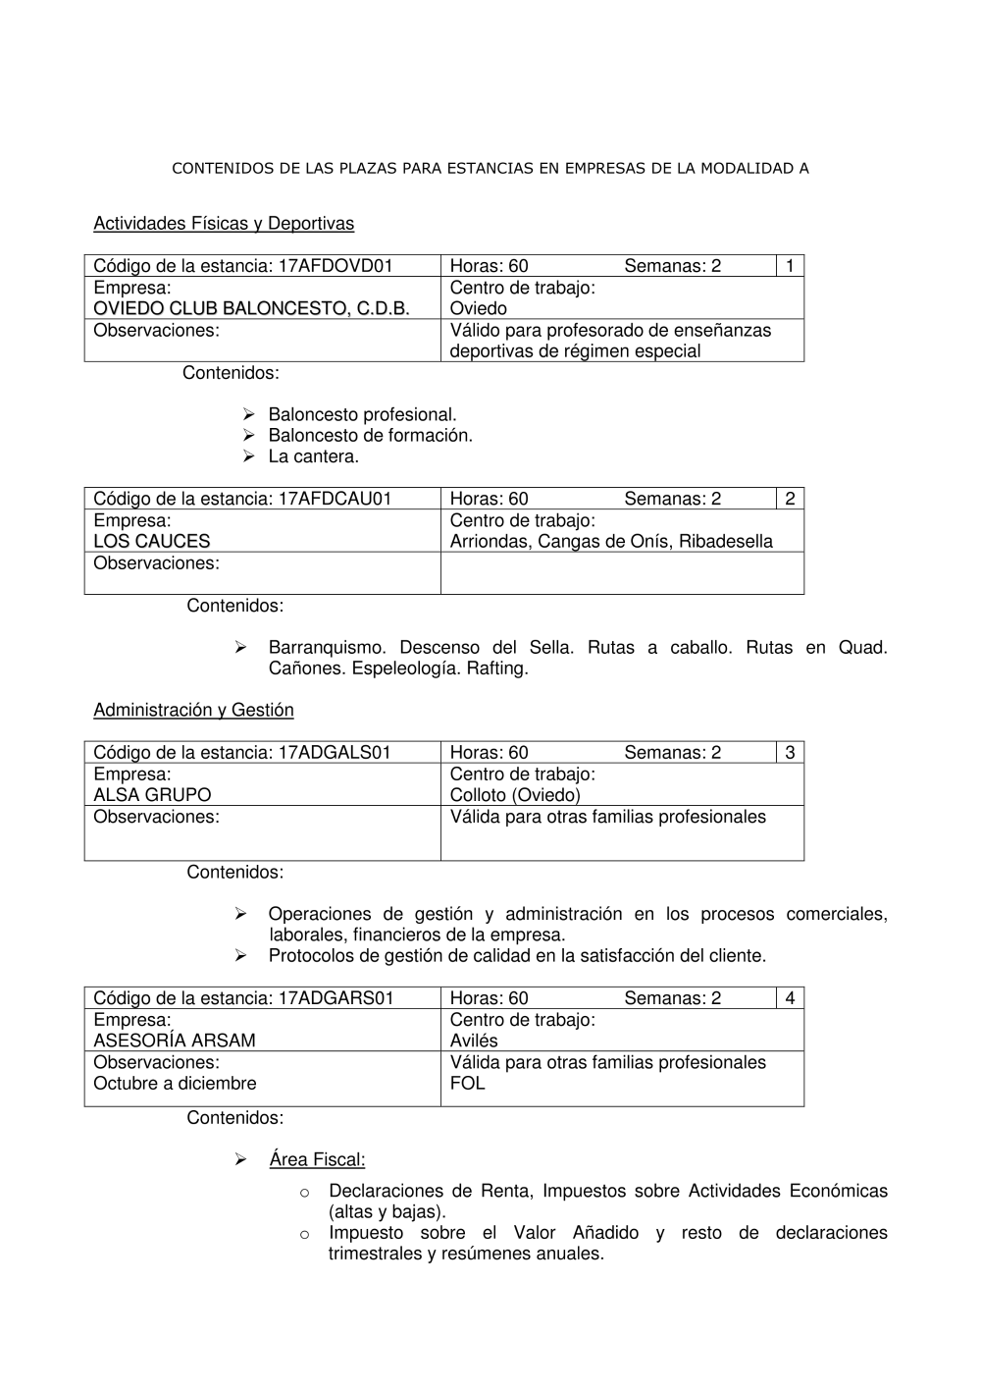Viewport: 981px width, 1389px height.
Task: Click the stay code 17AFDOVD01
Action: click(x=336, y=266)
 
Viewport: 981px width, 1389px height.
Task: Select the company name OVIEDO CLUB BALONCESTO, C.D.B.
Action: click(x=251, y=309)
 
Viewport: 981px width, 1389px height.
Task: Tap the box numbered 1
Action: click(x=790, y=266)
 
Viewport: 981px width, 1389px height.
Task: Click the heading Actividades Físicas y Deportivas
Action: click(x=224, y=224)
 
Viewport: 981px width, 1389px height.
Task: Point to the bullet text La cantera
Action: click(x=314, y=456)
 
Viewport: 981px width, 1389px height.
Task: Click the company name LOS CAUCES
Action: click(x=152, y=541)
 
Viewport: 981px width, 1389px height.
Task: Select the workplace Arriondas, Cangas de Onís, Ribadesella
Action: click(x=611, y=541)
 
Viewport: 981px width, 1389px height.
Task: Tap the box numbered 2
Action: click(x=790, y=499)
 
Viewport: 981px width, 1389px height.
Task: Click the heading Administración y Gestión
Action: click(x=193, y=710)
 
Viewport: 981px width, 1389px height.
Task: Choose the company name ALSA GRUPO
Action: click(x=152, y=795)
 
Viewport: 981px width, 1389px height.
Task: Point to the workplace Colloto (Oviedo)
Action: click(x=515, y=795)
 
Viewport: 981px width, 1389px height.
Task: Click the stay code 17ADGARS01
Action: click(x=336, y=998)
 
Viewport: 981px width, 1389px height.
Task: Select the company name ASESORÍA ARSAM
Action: click(x=175, y=1041)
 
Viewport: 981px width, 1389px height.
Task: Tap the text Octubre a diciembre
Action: click(x=175, y=1084)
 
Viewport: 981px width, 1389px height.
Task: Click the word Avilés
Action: click(x=474, y=1041)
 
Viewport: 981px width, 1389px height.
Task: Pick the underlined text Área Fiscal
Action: click(x=317, y=1159)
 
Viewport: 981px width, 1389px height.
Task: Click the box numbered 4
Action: click(x=790, y=998)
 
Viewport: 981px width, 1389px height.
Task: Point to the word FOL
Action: click(x=468, y=1084)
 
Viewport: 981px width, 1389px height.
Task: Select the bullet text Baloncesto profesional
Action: click(x=363, y=414)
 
